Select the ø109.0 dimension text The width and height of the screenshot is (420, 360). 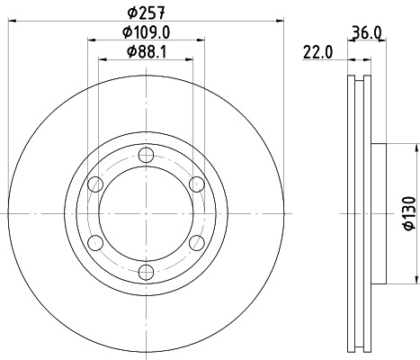pos(145,32)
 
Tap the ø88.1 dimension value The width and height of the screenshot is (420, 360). pos(145,52)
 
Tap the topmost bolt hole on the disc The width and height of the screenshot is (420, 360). pos(145,154)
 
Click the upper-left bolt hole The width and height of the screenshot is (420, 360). pos(94,184)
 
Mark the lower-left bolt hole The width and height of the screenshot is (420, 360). pos(94,243)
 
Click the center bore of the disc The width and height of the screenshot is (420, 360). pos(145,213)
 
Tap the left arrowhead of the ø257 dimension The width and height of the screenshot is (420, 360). pos(11,22)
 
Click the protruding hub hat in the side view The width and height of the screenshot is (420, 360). pos(378,213)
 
